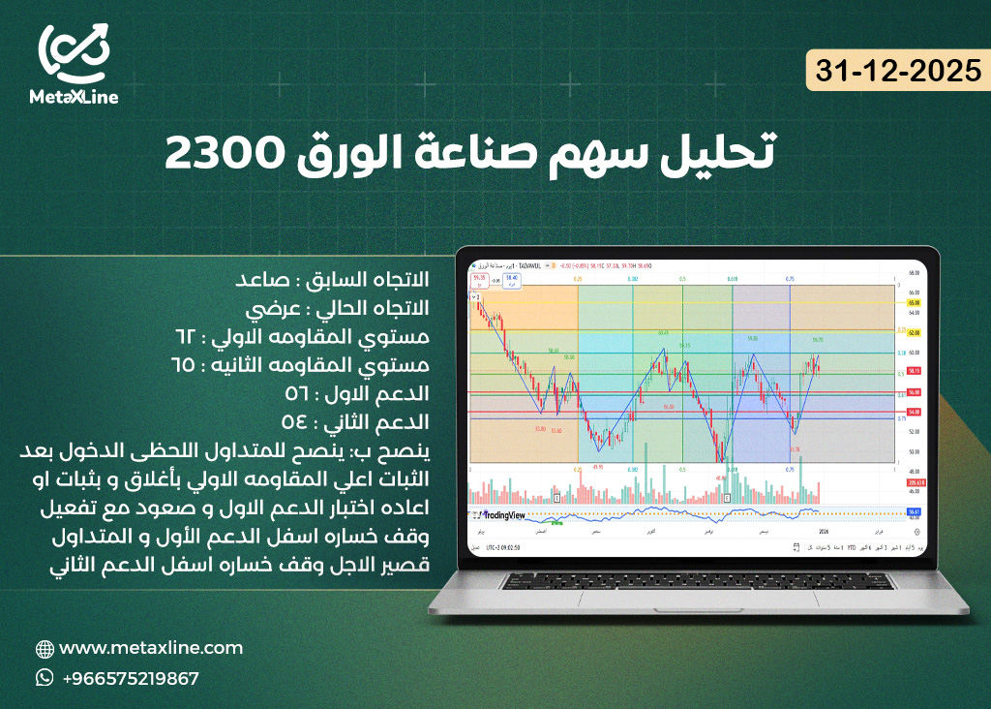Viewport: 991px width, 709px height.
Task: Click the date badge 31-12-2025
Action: [x=898, y=71]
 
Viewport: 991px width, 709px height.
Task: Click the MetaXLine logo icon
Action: [x=74, y=55]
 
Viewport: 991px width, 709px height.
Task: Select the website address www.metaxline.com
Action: [x=151, y=648]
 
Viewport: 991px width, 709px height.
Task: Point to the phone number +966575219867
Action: [x=131, y=678]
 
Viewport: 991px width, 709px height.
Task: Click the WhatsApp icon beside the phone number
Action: [x=45, y=678]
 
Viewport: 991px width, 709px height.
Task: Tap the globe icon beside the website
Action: [x=45, y=649]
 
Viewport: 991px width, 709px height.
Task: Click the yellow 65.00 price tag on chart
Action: [x=913, y=303]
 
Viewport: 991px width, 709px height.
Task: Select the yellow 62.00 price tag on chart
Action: [x=913, y=332]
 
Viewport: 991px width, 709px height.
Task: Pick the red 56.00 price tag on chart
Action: [x=913, y=392]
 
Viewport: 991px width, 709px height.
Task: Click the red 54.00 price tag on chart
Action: [x=913, y=412]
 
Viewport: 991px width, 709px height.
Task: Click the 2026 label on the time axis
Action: [x=824, y=531]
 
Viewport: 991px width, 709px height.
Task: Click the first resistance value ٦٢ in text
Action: [x=185, y=336]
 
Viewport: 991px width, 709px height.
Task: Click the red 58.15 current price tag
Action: [x=913, y=370]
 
